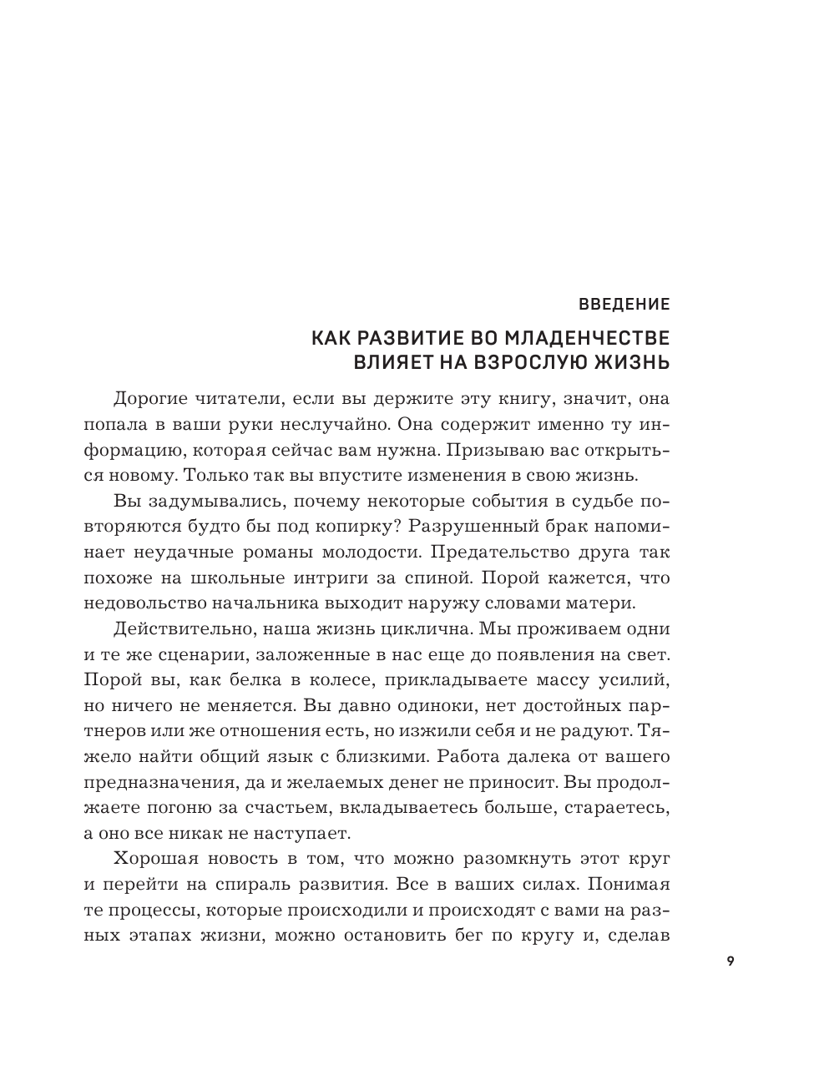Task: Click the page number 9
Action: (x=730, y=961)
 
